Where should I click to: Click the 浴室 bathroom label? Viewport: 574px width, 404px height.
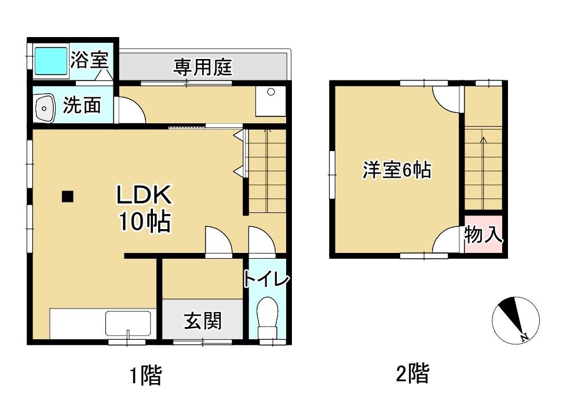pos(89,60)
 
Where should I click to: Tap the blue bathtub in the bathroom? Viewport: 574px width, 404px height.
pos(51,61)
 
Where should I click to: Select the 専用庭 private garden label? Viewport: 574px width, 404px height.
pos(203,68)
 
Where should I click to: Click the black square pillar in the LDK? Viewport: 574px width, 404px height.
pos(68,197)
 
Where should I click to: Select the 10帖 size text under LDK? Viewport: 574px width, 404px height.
pos(144,222)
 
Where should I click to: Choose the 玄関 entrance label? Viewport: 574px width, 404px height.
pos(203,320)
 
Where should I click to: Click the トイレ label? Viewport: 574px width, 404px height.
pos(266,279)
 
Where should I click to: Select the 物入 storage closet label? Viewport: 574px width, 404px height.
pos(483,236)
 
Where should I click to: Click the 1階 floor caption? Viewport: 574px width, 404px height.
pos(144,376)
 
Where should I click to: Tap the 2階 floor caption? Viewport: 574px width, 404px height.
pos(412,373)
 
